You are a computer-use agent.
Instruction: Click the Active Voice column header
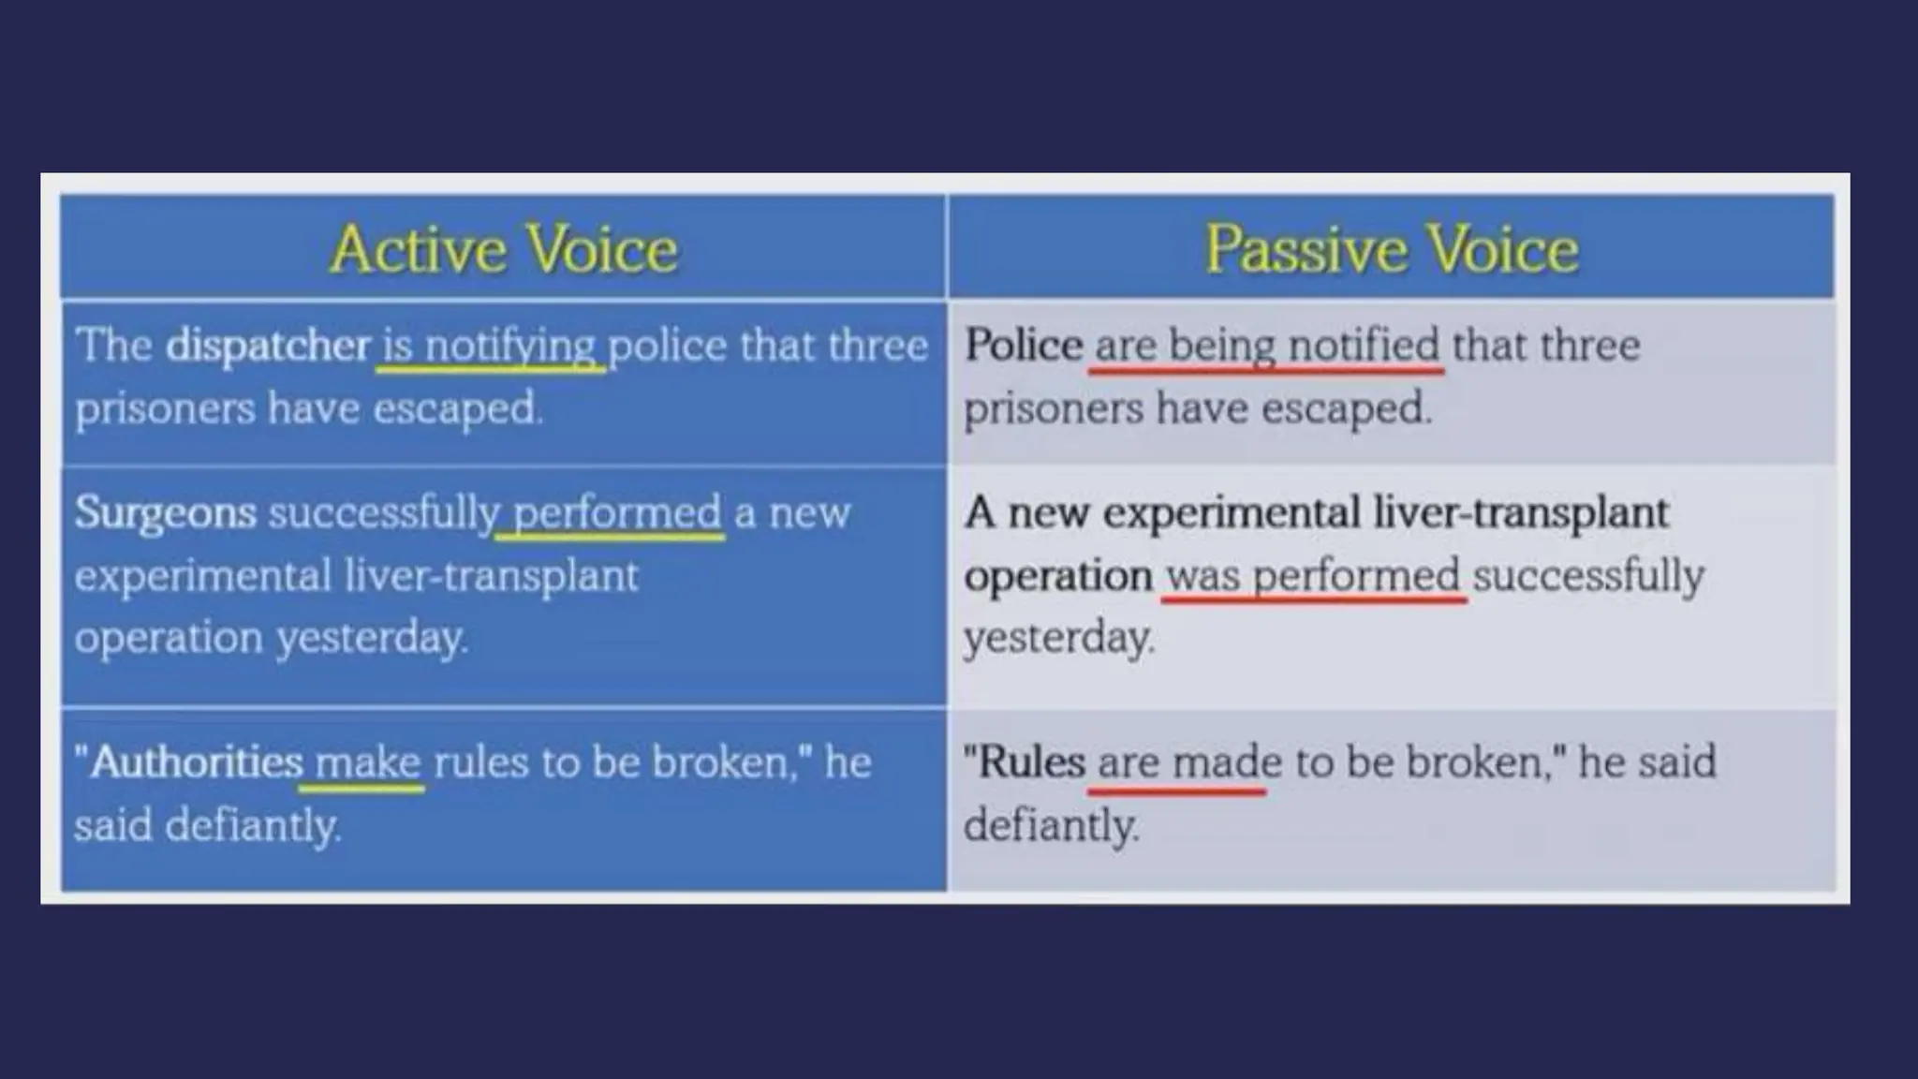[504, 249]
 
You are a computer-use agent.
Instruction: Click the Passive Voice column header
[1392, 249]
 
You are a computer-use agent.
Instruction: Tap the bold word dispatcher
[268, 346]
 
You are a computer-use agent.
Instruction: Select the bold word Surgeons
[165, 512]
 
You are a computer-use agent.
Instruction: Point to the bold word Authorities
[197, 762]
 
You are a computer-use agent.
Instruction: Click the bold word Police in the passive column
[1023, 345]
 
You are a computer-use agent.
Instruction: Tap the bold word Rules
[1031, 761]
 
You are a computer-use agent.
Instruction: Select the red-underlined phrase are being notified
[1266, 345]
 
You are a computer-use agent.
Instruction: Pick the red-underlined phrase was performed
[1313, 575]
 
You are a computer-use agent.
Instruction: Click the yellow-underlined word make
[367, 762]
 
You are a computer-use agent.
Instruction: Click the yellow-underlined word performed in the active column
[617, 513]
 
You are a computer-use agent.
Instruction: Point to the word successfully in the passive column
[1588, 575]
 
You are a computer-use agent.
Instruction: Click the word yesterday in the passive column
[1058, 638]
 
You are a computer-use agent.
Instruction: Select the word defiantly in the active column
[252, 826]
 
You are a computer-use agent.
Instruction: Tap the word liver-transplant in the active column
[491, 575]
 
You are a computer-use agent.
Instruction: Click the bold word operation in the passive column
[1057, 575]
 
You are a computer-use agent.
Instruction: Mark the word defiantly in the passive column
[1051, 826]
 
